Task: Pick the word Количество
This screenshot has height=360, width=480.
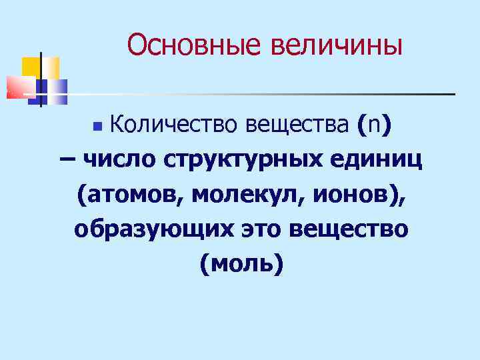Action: (175, 125)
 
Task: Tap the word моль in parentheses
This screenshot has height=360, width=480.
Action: (241, 264)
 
